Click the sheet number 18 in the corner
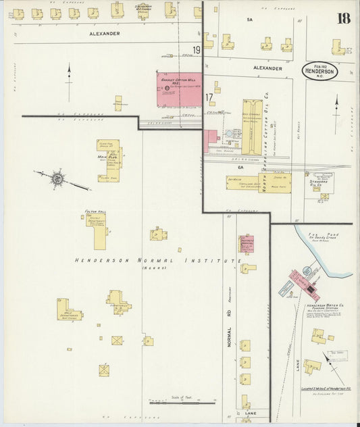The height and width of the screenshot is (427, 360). coord(344,18)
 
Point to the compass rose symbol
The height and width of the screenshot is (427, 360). coord(58,178)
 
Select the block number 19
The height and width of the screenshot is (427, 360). coord(197,50)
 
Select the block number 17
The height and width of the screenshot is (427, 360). coord(209,97)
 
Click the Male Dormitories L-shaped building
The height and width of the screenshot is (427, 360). coord(68,313)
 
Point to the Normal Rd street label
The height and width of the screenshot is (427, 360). coord(229,338)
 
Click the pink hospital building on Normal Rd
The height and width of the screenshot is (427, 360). coord(246,244)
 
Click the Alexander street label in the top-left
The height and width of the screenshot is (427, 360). coord(104,32)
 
